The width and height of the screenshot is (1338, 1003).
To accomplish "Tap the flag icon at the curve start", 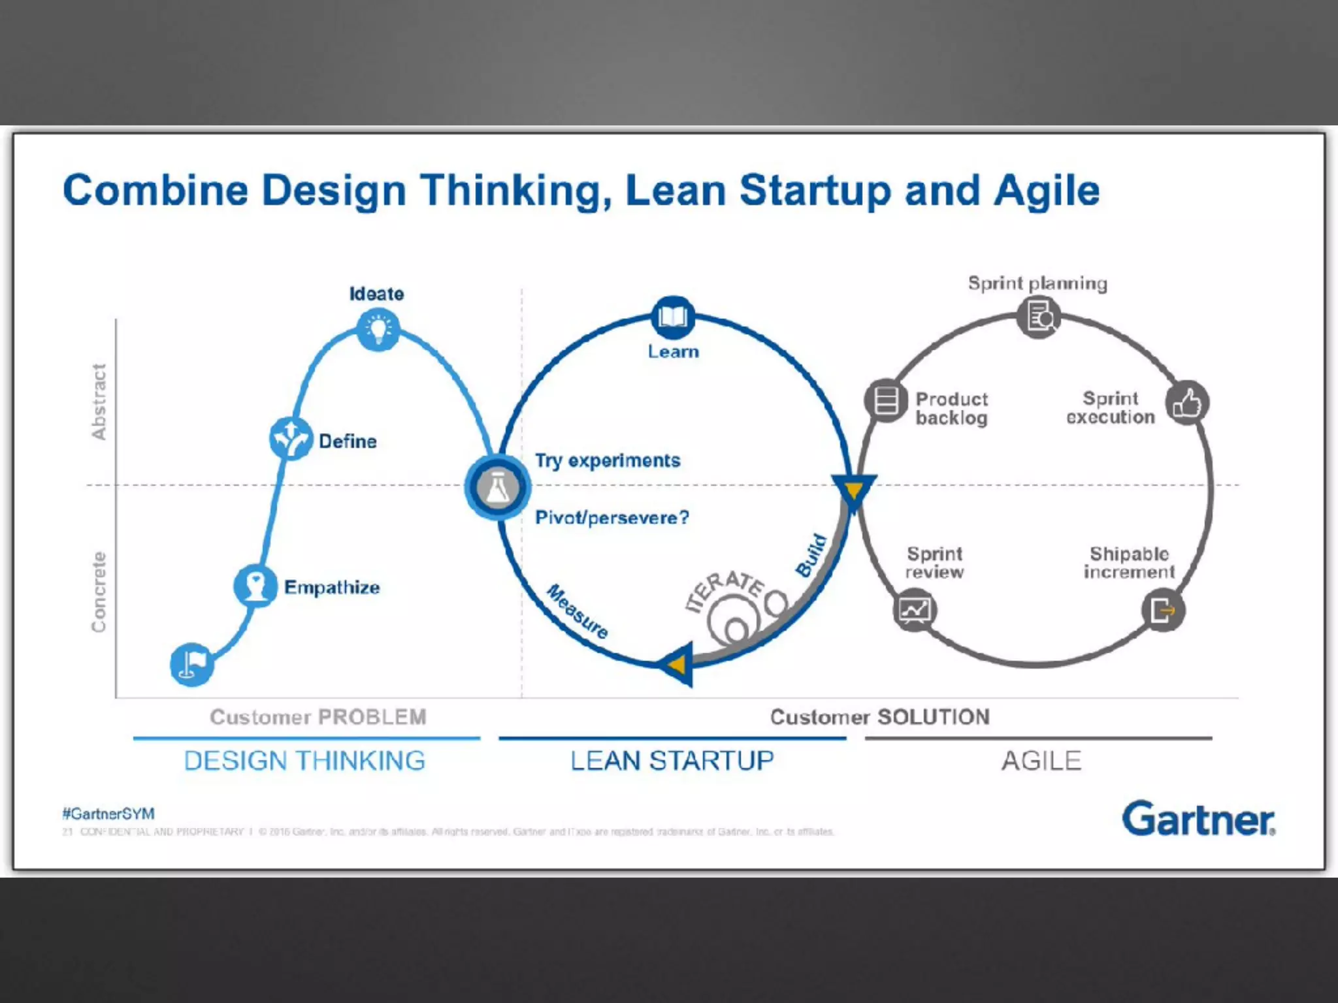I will (191, 664).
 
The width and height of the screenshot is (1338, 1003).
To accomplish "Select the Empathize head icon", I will (255, 585).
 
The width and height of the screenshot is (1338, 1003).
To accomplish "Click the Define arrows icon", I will (290, 438).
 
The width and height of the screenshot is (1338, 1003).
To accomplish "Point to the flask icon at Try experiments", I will (497, 487).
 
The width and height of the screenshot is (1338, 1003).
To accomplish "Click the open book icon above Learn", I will (673, 317).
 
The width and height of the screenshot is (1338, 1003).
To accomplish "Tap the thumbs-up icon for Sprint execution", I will (1186, 403).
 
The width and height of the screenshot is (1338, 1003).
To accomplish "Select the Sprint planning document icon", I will (1038, 317).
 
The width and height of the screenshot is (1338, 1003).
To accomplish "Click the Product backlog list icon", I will (885, 400).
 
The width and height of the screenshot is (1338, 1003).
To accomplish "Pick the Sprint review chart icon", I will (914, 611).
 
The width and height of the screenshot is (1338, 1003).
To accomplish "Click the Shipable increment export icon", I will (1163, 611).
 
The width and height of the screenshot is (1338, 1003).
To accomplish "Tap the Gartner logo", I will (1198, 819).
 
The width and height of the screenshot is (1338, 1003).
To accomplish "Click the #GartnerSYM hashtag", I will (108, 814).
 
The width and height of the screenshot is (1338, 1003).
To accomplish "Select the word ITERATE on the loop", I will (724, 590).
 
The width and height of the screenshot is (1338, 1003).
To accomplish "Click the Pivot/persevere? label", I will (612, 518).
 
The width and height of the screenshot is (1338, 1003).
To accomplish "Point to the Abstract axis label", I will (99, 402).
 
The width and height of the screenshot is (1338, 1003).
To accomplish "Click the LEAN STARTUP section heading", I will (672, 761).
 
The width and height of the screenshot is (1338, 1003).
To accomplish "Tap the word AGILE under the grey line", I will (1041, 761).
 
